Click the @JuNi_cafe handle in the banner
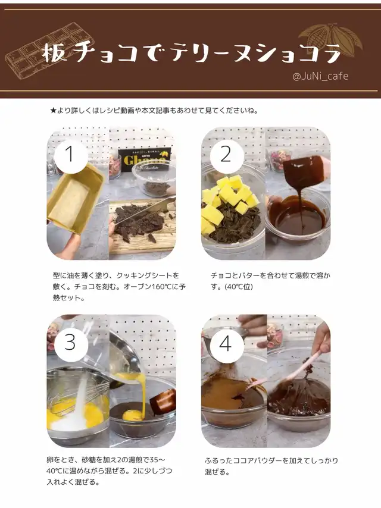pos(320,77)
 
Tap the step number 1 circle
pos(71,155)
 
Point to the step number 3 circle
pos(71,343)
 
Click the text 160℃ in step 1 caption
pos(162,287)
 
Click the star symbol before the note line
pos(54,111)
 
